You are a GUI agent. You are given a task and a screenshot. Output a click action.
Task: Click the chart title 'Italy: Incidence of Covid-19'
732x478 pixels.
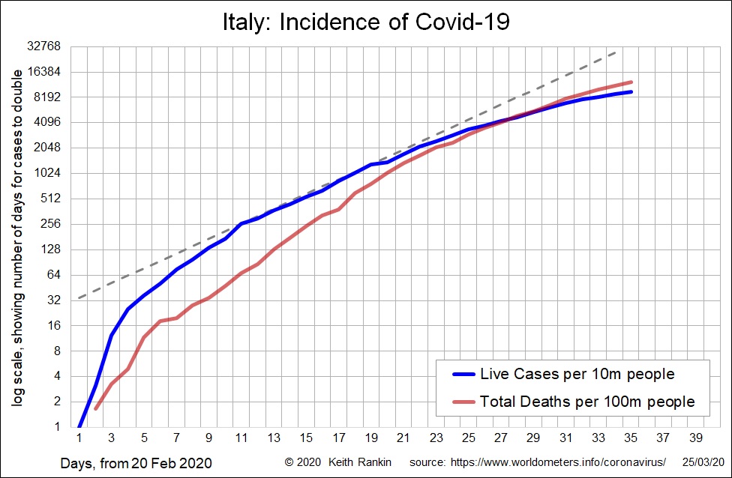(x=366, y=22)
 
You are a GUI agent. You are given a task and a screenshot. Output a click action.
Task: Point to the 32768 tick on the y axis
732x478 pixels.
(x=44, y=46)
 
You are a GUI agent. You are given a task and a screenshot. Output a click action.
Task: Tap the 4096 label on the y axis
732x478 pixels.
(x=47, y=122)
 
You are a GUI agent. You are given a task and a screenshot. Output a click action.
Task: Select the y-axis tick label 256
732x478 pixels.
(x=51, y=223)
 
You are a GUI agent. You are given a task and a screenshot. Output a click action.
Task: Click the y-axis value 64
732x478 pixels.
(x=54, y=274)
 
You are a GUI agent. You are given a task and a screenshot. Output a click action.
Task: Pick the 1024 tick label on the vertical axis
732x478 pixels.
(x=47, y=173)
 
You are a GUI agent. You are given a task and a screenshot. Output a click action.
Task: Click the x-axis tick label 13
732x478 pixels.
(x=274, y=438)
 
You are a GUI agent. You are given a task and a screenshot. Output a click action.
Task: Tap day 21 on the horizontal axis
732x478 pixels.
(x=403, y=438)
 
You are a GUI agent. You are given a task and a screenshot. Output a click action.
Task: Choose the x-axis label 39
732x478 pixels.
(x=695, y=438)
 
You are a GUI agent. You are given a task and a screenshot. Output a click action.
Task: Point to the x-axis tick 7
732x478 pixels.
(x=176, y=438)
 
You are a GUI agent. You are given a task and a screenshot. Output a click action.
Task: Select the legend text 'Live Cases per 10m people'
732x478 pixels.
(x=577, y=374)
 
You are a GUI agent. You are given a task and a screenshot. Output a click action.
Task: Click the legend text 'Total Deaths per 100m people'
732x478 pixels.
(x=587, y=402)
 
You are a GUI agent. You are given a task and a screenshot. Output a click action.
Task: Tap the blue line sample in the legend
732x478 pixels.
(x=464, y=374)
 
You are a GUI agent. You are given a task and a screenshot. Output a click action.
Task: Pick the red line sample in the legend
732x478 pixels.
(x=464, y=402)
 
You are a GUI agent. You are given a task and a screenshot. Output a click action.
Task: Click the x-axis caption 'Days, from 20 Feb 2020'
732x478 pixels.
(x=136, y=463)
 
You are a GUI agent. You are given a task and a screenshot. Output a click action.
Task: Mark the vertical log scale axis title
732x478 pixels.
(x=17, y=238)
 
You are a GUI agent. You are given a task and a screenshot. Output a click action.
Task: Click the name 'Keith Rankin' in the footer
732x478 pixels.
(x=360, y=462)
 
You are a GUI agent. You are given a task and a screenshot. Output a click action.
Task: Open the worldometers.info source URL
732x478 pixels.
(x=558, y=462)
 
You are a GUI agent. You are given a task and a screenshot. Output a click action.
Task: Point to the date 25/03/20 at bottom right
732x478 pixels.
(x=703, y=462)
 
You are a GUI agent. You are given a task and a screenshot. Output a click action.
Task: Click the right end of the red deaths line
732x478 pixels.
(x=631, y=82)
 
